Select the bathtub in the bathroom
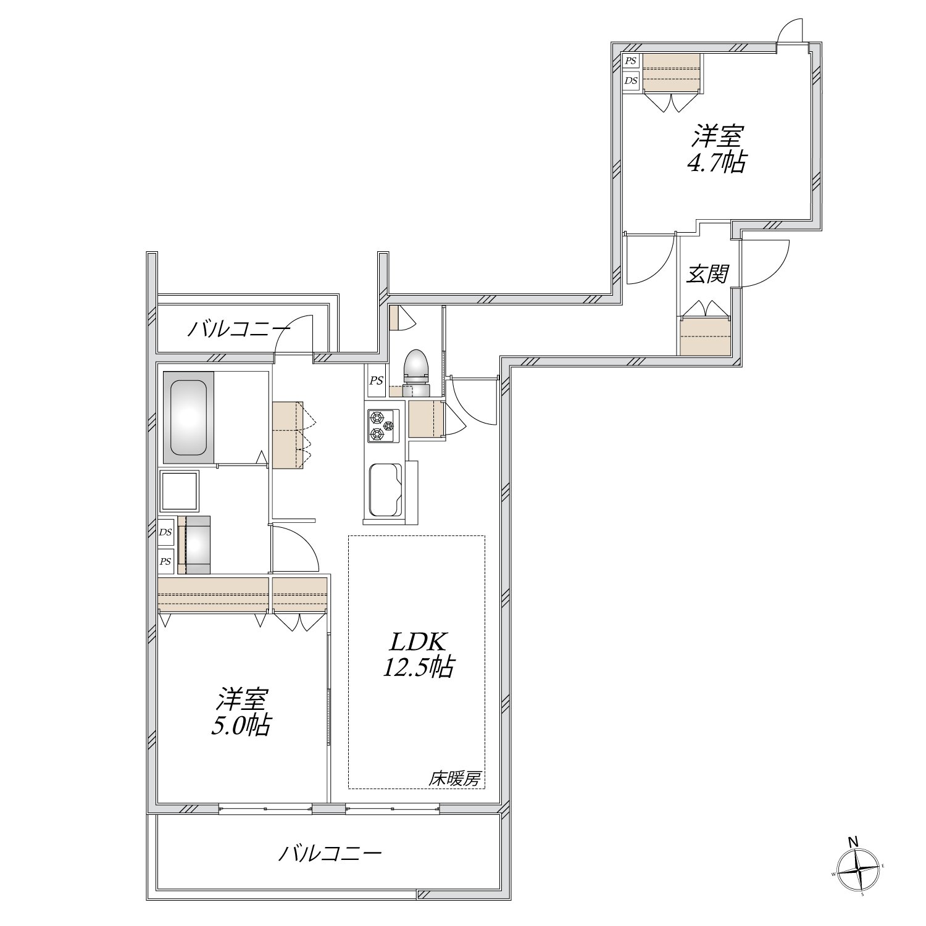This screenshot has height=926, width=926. [x=188, y=417]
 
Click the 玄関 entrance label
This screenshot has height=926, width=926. [x=708, y=274]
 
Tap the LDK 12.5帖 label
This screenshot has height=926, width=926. [x=417, y=654]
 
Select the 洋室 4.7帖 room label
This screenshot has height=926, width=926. [x=717, y=148]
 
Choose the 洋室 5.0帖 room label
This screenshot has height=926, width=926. [x=241, y=711]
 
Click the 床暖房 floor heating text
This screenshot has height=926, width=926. [x=455, y=779]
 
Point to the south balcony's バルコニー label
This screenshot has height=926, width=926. [x=330, y=854]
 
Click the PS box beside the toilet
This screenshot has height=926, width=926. [x=376, y=381]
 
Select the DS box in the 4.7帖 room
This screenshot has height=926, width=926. [x=630, y=80]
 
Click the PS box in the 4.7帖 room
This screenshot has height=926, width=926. [x=630, y=61]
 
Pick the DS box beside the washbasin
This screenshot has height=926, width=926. [x=165, y=532]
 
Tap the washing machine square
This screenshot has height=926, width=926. [x=179, y=491]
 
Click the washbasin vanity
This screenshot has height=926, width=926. [x=194, y=545]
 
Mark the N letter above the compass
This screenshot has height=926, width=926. [x=853, y=841]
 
